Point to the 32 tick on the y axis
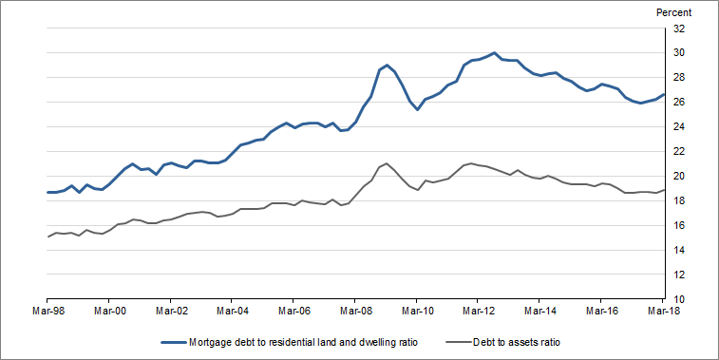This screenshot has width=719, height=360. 679,28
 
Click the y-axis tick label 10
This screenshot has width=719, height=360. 679,299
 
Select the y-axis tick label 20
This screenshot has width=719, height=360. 679,176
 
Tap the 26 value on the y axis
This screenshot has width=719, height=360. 679,103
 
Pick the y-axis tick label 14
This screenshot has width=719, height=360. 679,250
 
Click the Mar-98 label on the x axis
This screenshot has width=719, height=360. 47,310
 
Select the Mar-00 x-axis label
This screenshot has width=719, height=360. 109,310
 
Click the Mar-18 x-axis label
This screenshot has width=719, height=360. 661,310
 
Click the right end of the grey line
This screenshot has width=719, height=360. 662,190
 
